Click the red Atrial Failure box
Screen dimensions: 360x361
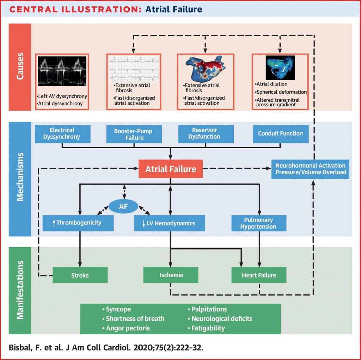coord(171,169)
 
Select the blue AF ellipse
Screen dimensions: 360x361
coord(123,206)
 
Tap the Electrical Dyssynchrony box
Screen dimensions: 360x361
coord(62,134)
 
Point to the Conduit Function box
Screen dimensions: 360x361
coord(280,134)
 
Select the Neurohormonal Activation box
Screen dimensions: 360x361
coord(311,169)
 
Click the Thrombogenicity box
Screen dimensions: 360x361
coord(78,223)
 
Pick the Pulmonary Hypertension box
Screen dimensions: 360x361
coord(258,223)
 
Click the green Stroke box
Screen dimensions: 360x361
coord(80,275)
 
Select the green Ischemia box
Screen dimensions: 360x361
coord(171,275)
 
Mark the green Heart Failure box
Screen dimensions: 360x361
coord(259,275)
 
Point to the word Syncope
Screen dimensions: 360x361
coord(118,309)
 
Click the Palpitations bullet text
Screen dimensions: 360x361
coord(209,309)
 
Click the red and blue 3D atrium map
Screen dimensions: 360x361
coord(204,68)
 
